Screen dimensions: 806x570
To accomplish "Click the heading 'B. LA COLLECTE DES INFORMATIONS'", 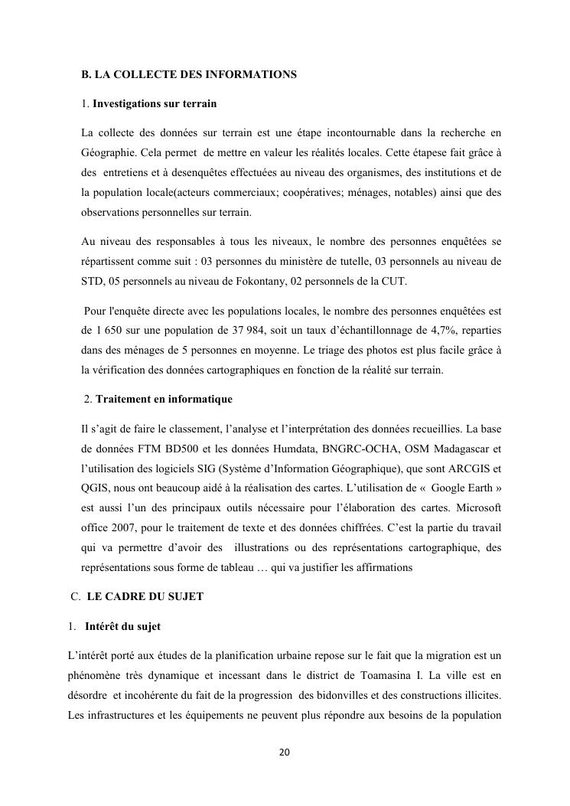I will [188, 75].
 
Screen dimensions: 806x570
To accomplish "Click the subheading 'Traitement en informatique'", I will [164, 400].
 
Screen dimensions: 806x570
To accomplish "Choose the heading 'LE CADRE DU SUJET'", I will [145, 597].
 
